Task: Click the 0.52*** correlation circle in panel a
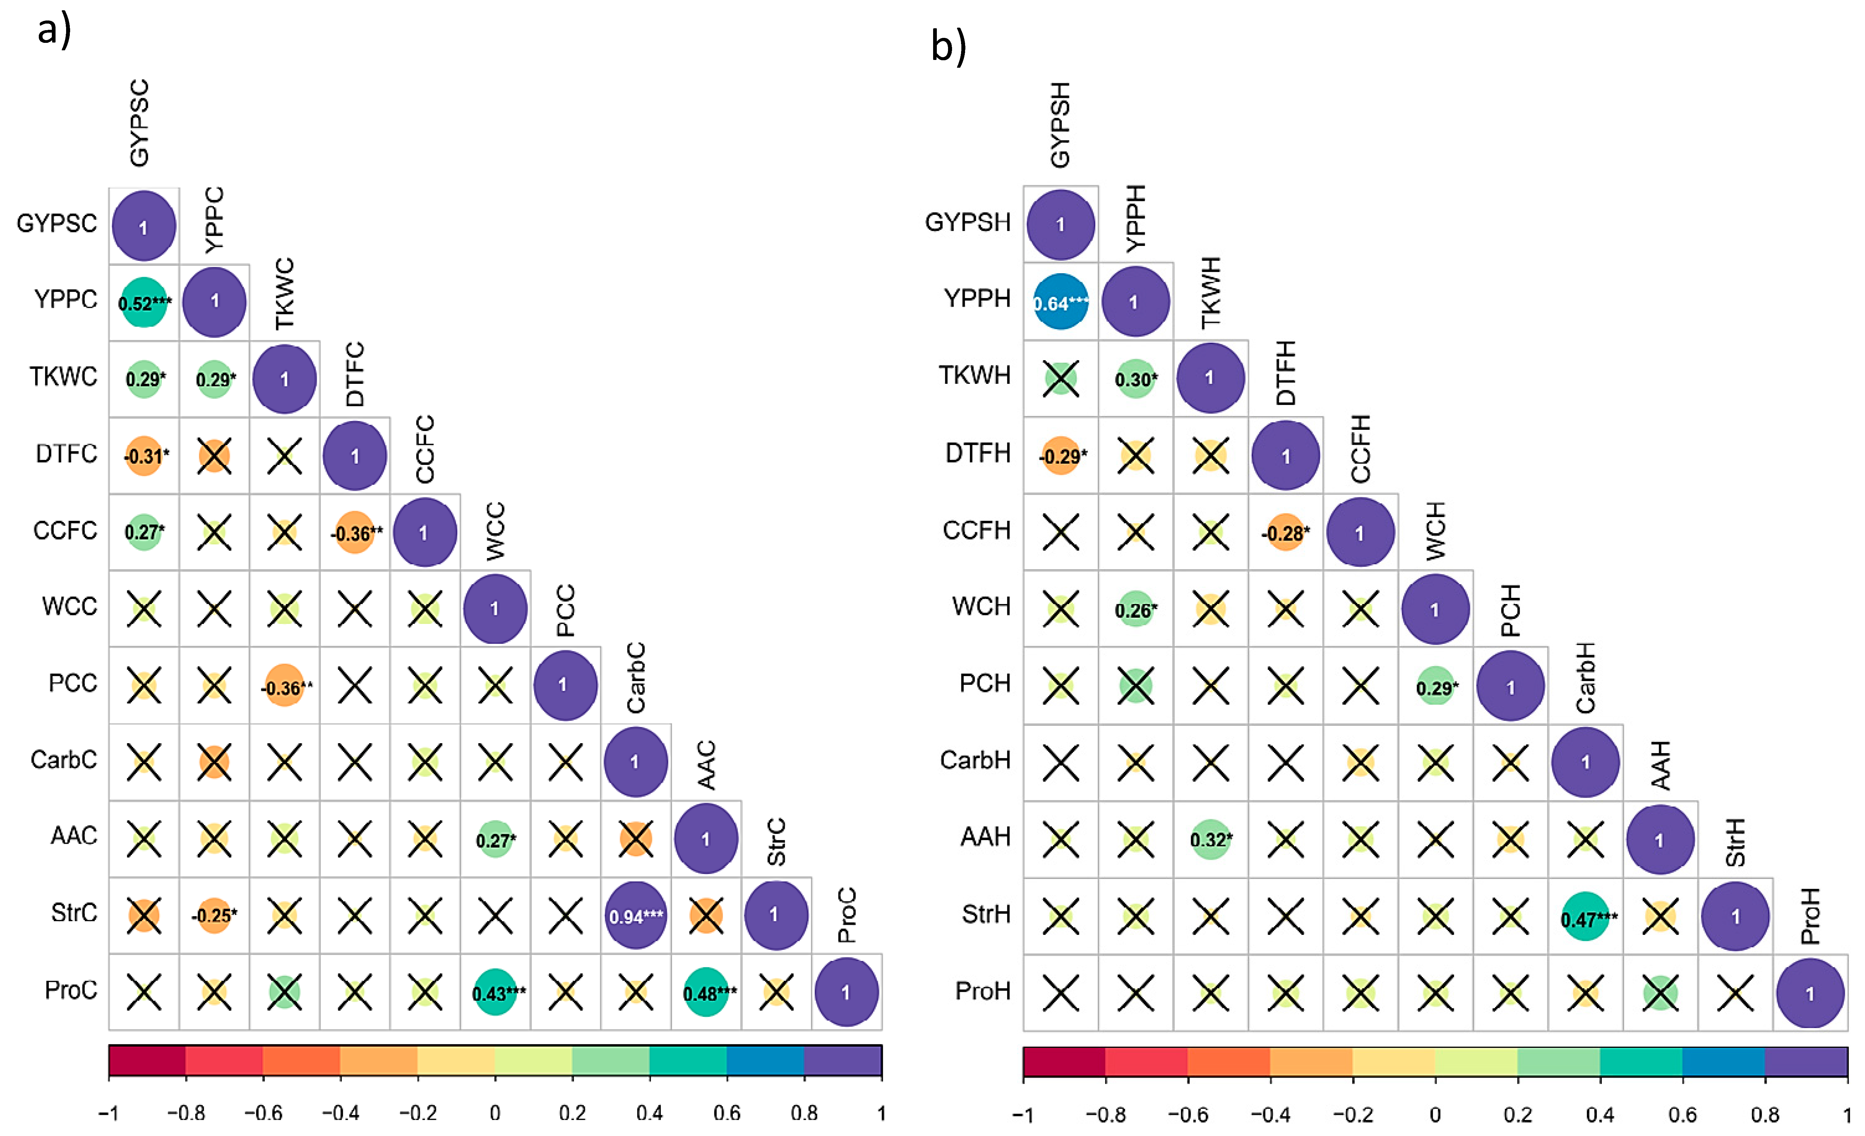click(144, 303)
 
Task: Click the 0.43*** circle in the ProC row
click(495, 992)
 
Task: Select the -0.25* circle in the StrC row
click(214, 915)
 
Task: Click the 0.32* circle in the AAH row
click(1210, 839)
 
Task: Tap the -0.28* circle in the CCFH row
click(1285, 532)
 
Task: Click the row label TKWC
click(64, 376)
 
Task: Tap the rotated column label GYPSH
click(1060, 125)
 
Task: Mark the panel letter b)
click(948, 47)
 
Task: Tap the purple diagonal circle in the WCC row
click(495, 608)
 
